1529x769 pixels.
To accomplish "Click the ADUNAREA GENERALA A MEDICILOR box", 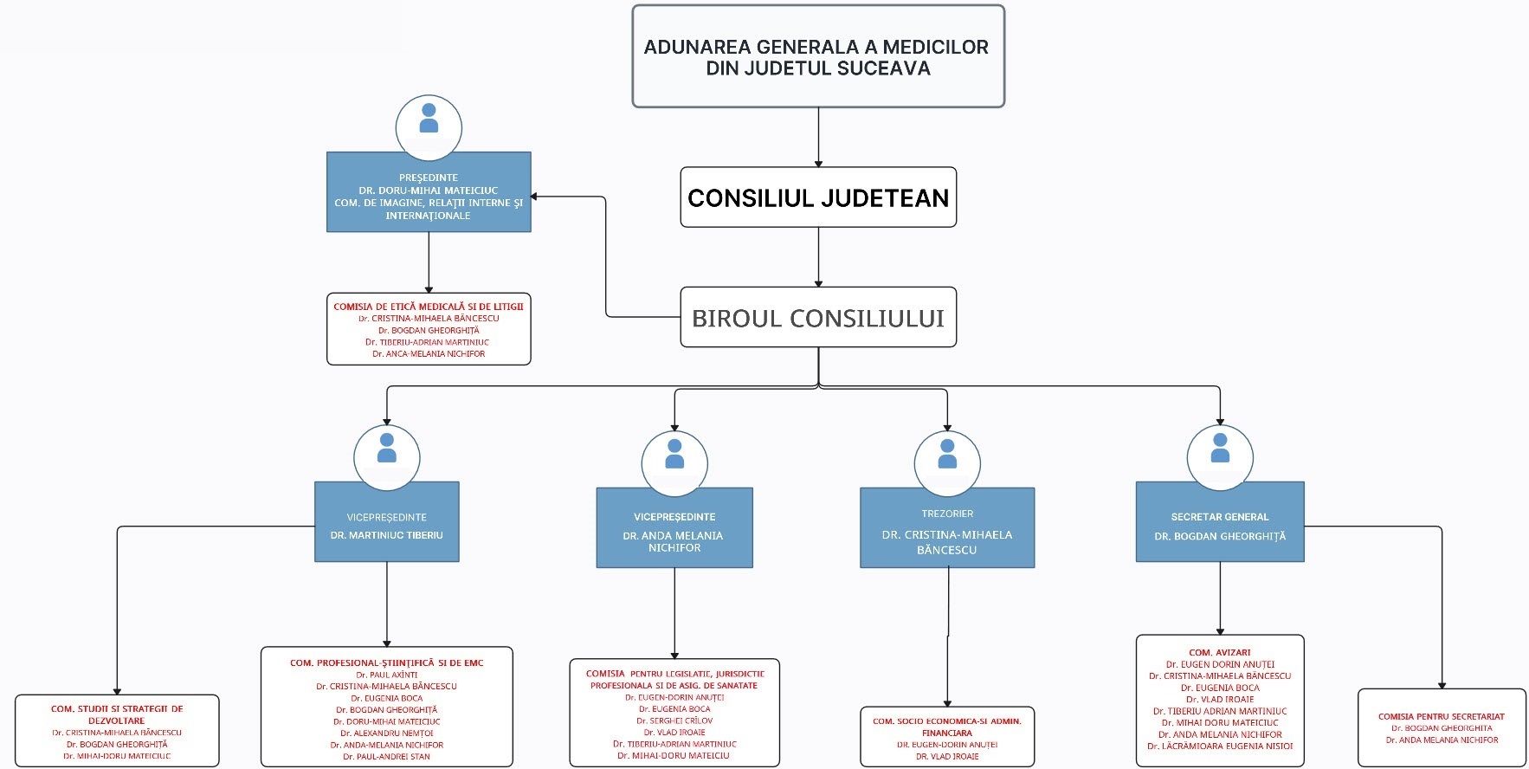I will pos(817,57).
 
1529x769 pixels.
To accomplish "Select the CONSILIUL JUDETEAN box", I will pos(817,197).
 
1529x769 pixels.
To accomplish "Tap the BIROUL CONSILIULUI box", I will pos(817,318).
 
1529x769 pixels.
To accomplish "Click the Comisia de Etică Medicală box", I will pos(428,330).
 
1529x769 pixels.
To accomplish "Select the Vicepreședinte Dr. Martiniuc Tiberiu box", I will pos(386,523).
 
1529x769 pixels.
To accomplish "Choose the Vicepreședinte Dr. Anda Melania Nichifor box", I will pos(674,529).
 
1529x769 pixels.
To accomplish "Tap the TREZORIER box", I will pos(946,528).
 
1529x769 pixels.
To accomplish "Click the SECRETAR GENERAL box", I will pos(1219,523).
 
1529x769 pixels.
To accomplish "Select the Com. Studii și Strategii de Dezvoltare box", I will pos(117,730).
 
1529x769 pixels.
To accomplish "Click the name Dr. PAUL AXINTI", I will pos(386,675).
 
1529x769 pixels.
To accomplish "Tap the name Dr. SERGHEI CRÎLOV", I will pos(674,721).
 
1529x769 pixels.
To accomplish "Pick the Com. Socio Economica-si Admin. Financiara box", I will pos(946,736).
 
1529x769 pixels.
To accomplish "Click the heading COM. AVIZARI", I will pos(1219,652).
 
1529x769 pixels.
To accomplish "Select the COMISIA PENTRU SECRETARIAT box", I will pos(1441,727).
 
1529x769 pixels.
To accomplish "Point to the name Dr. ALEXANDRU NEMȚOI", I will pos(386,733).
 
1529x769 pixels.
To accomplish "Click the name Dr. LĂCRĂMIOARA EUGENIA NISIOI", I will pos(1219,746).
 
